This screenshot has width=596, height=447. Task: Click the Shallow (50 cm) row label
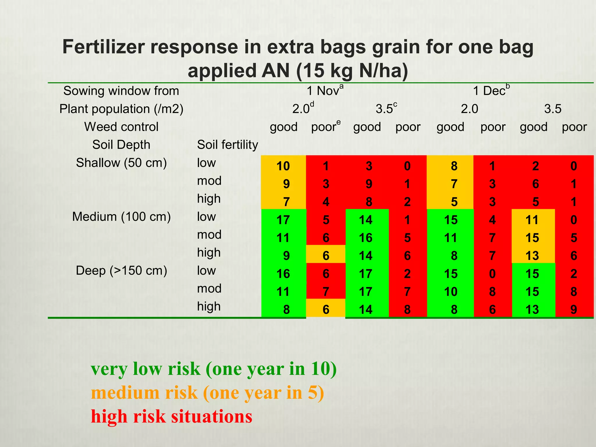point(121,163)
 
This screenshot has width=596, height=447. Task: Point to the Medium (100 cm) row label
point(121,217)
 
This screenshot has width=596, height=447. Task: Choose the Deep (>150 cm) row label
point(121,271)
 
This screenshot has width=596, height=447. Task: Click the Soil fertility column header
point(227,145)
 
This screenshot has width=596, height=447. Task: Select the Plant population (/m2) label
point(121,109)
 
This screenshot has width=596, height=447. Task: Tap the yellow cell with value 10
point(283,166)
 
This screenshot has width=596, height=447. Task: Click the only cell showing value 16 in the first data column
point(283,274)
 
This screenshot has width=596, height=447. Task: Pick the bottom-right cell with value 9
point(574,310)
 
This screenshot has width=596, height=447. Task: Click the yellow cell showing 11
point(532,220)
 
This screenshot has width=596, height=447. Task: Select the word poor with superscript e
point(325,127)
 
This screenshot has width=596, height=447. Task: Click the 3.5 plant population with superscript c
point(386,109)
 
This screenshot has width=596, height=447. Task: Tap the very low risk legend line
point(214,369)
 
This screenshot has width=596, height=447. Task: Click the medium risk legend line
point(207,393)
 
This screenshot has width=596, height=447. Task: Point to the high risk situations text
point(171,416)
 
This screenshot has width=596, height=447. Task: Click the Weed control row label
point(121,127)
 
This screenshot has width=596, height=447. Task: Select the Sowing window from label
point(121,91)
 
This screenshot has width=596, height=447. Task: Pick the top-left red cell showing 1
point(326,166)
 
